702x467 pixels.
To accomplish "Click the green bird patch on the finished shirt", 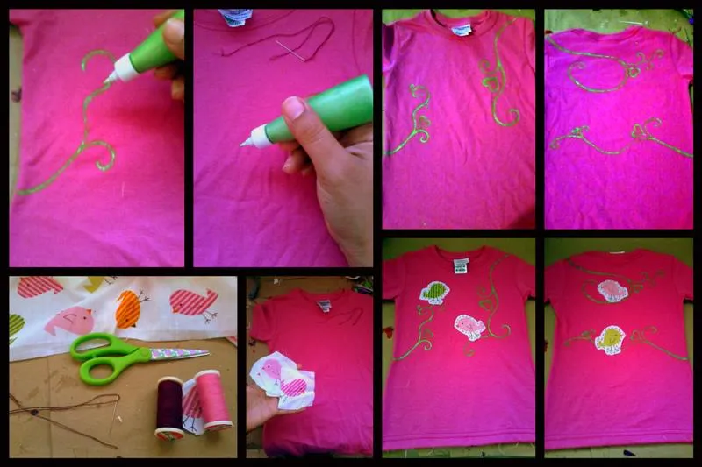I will pyautogui.click(x=434, y=293).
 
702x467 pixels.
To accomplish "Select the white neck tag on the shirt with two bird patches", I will pyautogui.click(x=461, y=265).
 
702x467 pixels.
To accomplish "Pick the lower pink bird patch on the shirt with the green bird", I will pyautogui.click(x=469, y=327).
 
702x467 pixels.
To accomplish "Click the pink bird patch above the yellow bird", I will pyautogui.click(x=612, y=290).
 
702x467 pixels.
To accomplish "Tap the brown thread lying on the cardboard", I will pyautogui.click(x=61, y=412).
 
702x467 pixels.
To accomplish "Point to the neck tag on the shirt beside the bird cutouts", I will pyautogui.click(x=324, y=306).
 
